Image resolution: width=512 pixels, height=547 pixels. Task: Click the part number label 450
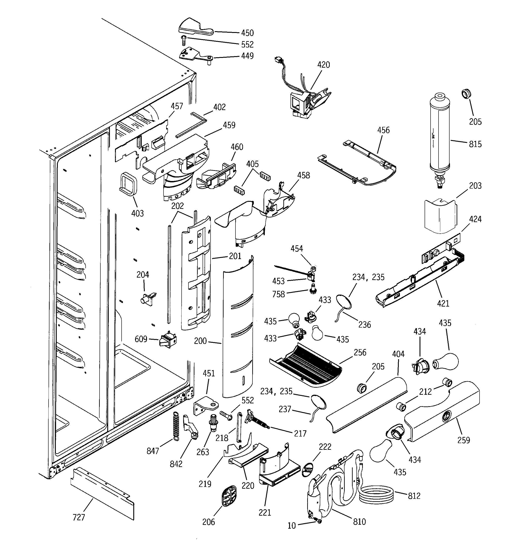247,33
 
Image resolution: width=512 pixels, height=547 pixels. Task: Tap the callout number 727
79,518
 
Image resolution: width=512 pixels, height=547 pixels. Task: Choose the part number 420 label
324,65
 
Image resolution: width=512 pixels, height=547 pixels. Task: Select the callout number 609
141,339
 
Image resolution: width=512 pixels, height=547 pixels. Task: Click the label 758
278,294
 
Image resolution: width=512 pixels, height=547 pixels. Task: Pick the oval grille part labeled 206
229,496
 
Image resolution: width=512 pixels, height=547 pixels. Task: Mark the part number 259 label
464,440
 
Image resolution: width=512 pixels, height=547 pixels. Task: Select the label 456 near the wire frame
383,130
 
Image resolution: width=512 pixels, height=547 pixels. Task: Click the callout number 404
398,354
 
